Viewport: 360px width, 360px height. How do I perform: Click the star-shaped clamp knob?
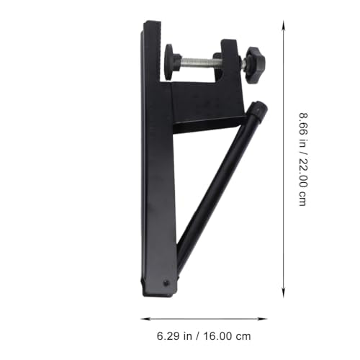256,65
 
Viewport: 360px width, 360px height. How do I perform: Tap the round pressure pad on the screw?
169,62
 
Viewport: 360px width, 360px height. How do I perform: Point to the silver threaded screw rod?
197,63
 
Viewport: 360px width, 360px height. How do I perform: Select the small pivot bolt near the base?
166,283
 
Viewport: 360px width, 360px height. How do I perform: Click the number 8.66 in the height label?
303,125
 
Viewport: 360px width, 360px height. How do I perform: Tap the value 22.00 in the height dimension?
303,171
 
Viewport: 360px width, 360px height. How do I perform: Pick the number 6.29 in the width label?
168,336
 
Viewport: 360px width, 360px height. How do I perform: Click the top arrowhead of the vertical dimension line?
284,25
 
